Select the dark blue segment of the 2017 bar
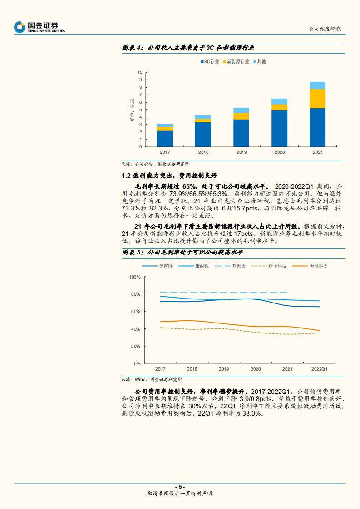point(165,138)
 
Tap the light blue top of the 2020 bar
point(280,102)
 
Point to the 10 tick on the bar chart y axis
point(140,72)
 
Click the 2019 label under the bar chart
point(242,152)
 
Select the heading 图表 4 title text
point(188,48)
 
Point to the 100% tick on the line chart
point(135,277)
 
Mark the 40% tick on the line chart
point(136,329)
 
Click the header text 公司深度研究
point(324,29)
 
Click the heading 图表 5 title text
point(183,252)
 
